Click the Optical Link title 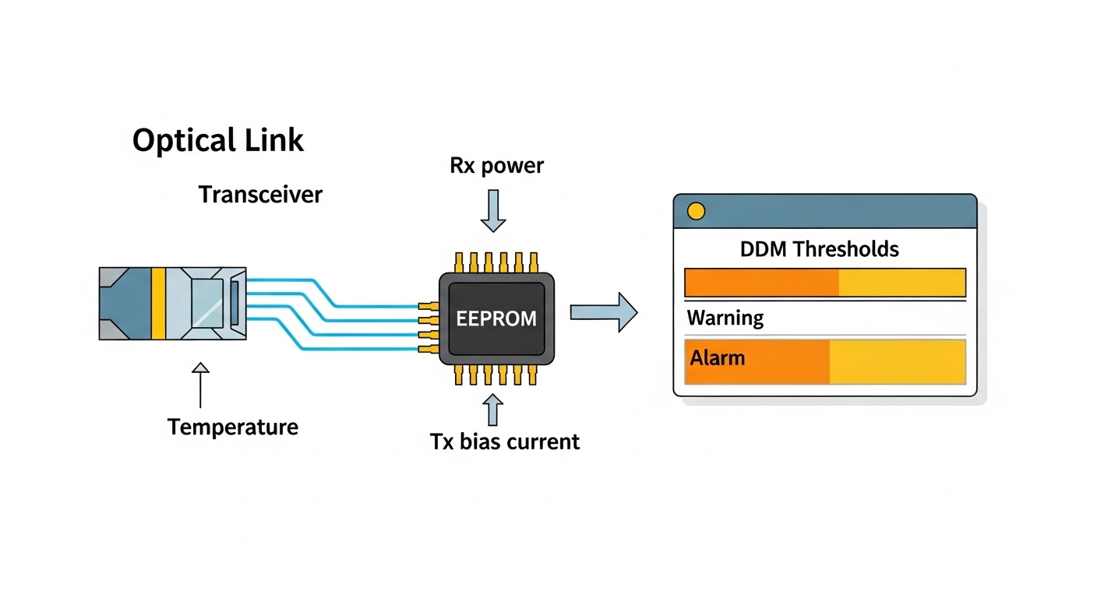tap(218, 141)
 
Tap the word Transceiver tap(260, 194)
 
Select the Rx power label tap(496, 165)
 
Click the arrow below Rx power tap(493, 211)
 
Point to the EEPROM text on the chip tap(496, 318)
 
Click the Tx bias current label tap(505, 441)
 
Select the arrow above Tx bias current tap(493, 408)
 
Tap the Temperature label tap(232, 427)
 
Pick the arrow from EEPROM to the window tap(604, 312)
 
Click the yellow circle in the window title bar tap(696, 211)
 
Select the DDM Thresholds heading tap(819, 249)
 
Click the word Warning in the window tap(725, 318)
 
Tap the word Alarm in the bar tap(717, 358)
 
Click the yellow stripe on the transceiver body tap(159, 304)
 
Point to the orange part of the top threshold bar tap(761, 282)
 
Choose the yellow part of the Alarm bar tap(897, 361)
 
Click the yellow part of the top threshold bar tap(901, 282)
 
